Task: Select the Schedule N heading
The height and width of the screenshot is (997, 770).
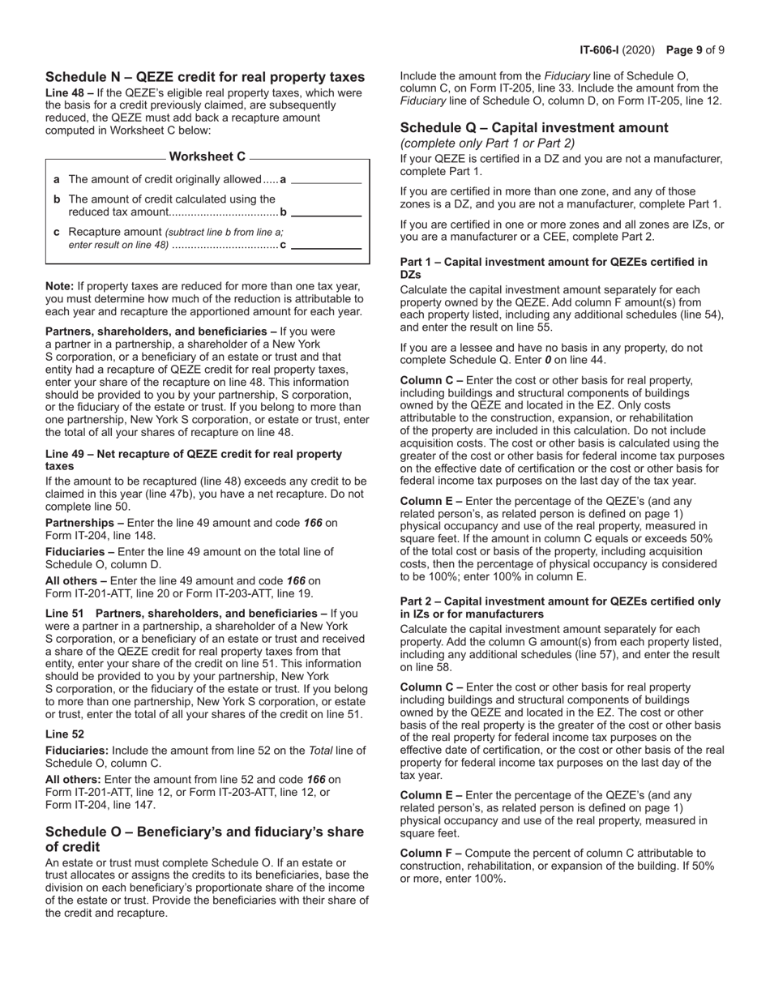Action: (x=205, y=77)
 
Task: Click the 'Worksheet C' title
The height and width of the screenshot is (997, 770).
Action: (x=207, y=156)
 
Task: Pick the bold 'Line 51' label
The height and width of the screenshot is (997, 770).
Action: (x=64, y=614)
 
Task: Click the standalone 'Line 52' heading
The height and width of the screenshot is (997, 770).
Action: (x=64, y=734)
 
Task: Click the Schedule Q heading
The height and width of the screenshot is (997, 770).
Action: (x=534, y=127)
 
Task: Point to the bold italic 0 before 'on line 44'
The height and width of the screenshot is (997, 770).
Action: (x=549, y=360)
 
